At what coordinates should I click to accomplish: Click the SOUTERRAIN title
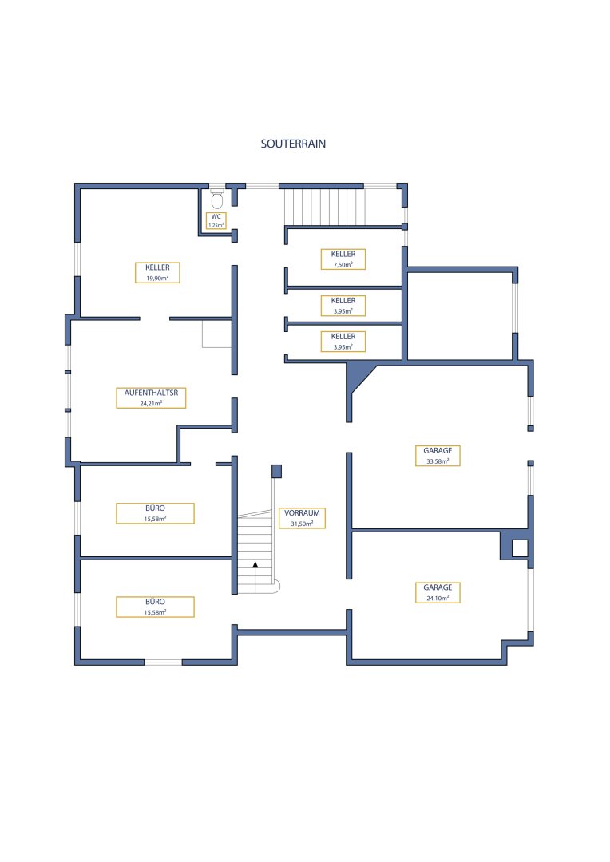point(293,144)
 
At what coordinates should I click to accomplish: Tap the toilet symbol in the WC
point(216,199)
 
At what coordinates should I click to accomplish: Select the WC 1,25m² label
point(216,221)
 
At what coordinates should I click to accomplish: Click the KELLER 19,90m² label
point(157,273)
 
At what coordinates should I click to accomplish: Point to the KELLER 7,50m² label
point(343,259)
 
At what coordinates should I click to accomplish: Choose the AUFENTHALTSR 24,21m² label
point(151,398)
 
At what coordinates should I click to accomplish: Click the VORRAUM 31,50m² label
point(302,518)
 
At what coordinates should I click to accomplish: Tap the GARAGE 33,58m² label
point(438,456)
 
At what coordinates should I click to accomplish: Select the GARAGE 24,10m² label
point(438,592)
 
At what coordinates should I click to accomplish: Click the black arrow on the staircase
point(255,564)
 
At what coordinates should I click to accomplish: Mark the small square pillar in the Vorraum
point(277,471)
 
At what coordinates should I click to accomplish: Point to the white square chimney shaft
point(520,548)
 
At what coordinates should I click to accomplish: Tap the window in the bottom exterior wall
point(164,662)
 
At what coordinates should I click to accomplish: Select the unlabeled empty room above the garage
point(460,315)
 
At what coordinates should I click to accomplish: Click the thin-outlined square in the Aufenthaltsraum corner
point(216,334)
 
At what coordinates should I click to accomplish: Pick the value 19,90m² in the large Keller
point(157,279)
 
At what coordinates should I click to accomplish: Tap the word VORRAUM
point(302,513)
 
